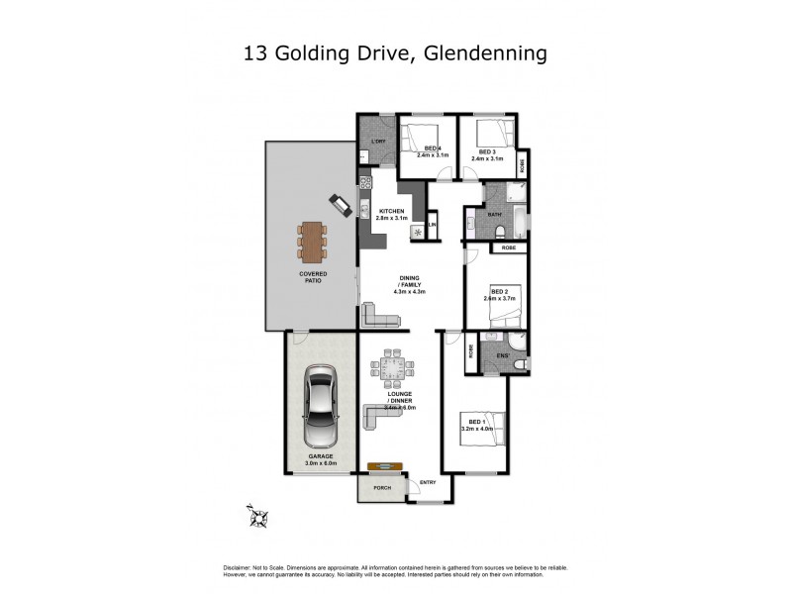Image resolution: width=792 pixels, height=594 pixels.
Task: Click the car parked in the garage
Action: pyautogui.click(x=320, y=407)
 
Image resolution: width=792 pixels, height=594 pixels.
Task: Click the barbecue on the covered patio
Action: pyautogui.click(x=340, y=205)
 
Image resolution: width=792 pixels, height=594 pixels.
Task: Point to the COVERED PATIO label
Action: pyautogui.click(x=315, y=276)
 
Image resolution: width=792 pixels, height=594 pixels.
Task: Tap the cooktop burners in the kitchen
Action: pyautogui.click(x=365, y=182)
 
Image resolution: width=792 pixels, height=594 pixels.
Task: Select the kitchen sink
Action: pyautogui.click(x=365, y=209)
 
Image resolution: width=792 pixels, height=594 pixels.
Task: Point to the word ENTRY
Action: pyautogui.click(x=428, y=482)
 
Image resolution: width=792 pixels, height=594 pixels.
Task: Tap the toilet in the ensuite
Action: pyautogui.click(x=518, y=365)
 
